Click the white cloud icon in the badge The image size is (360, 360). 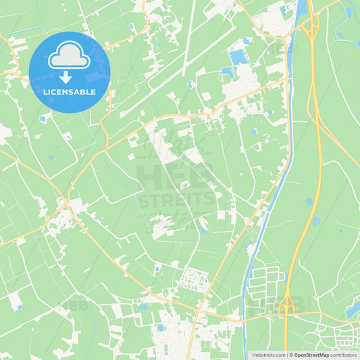pyautogui.click(x=70, y=57)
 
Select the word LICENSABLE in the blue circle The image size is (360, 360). pyautogui.click(x=70, y=92)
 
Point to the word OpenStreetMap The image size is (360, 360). pyautogui.click(x=311, y=355)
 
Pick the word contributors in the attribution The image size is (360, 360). pyautogui.click(x=344, y=355)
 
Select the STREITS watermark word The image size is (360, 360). pyautogui.click(x=177, y=200)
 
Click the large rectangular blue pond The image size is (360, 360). pyautogui.click(x=238, y=57)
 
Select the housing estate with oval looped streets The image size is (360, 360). pyautogui.click(x=195, y=278)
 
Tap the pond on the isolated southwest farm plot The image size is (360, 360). pyautogui.click(x=18, y=308)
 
